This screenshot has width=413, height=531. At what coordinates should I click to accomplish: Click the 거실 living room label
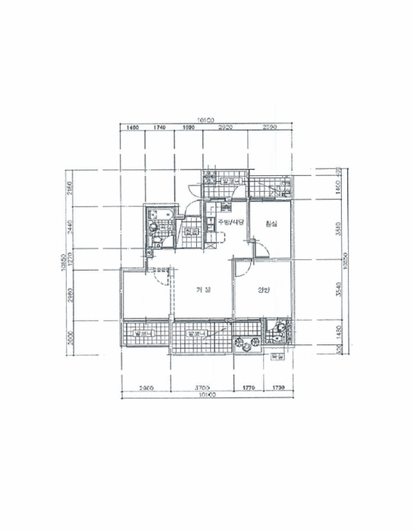(202, 289)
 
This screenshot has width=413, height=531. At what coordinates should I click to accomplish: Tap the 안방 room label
(263, 289)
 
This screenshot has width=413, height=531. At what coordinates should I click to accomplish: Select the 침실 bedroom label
(271, 223)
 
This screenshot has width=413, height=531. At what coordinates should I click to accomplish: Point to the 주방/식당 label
(230, 222)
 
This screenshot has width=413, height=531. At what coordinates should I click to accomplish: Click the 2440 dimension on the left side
(67, 226)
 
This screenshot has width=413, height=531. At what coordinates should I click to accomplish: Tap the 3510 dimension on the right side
(339, 228)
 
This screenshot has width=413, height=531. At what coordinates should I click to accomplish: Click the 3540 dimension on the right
(339, 288)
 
